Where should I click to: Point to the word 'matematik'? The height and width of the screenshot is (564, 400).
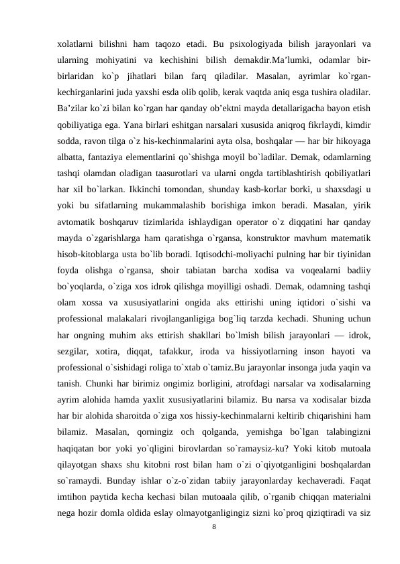(x=348, y=249)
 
